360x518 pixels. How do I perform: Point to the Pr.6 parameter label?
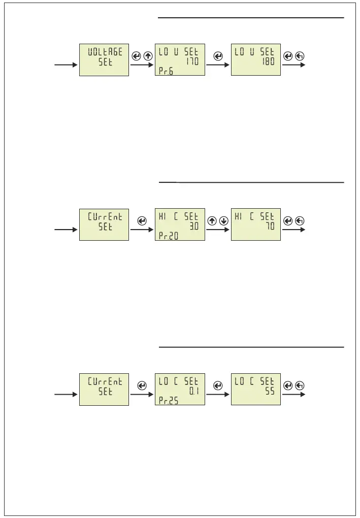click(x=165, y=72)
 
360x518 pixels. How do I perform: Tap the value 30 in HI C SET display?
click(x=193, y=226)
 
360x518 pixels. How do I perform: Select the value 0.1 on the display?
click(x=193, y=391)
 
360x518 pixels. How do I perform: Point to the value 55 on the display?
click(x=270, y=391)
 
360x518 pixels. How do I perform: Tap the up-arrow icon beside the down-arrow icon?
click(x=212, y=221)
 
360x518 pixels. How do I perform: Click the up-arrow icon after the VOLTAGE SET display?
click(x=148, y=56)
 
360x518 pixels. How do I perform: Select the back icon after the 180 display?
click(x=300, y=56)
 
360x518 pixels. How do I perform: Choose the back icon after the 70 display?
click(x=300, y=221)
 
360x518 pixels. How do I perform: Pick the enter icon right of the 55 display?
click(x=288, y=385)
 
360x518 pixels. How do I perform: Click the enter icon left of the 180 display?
click(x=218, y=56)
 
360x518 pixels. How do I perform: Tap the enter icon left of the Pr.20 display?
click(x=142, y=221)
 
